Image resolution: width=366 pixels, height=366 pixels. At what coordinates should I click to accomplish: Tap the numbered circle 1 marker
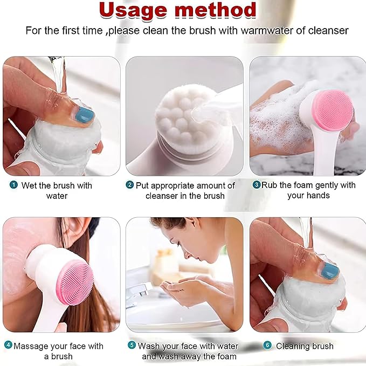(x=13, y=185)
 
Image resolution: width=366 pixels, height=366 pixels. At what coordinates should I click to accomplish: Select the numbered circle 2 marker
(x=129, y=185)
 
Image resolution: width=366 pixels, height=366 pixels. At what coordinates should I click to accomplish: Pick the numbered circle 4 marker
(x=8, y=346)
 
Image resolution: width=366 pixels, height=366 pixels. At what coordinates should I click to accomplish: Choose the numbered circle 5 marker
(x=132, y=346)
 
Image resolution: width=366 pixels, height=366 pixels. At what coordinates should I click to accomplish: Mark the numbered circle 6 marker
(x=267, y=346)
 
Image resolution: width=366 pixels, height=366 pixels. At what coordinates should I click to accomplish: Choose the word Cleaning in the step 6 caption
(x=294, y=346)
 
